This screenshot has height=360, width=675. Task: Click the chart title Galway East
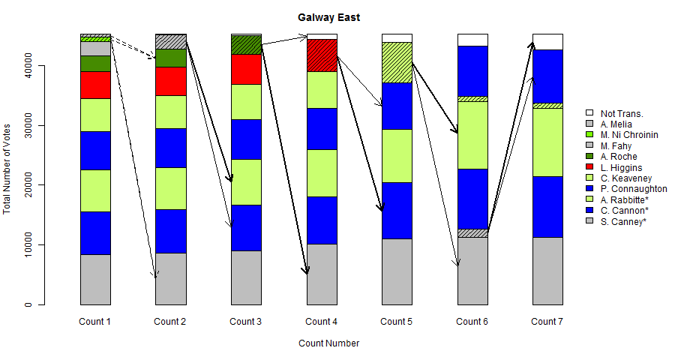tap(328, 17)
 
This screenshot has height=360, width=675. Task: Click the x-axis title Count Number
tap(328, 343)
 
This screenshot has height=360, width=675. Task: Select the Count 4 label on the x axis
tap(321, 322)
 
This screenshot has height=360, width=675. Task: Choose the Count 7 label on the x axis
tap(547, 322)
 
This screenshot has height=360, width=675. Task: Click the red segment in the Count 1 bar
tap(95, 85)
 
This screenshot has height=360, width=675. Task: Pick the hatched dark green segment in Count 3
tap(246, 45)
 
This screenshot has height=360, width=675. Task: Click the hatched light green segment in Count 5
tap(397, 62)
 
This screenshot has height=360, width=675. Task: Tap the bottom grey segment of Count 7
tap(547, 271)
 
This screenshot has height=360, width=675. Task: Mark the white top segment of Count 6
tap(472, 40)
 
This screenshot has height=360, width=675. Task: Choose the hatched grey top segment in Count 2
tap(170, 41)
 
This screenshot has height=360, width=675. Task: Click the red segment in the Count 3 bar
tap(246, 69)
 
